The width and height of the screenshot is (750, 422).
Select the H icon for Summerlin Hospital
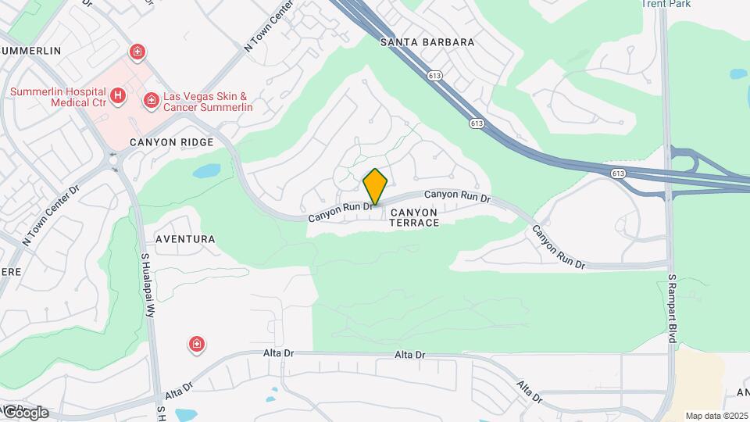[x=117, y=96]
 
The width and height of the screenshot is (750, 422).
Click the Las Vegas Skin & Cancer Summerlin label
[x=208, y=102]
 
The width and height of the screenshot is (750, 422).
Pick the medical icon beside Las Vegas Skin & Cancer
[x=150, y=100]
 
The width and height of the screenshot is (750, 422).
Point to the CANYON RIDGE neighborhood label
[x=171, y=143]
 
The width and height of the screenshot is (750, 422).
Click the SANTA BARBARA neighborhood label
[x=427, y=42]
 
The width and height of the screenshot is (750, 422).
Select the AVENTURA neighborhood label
[x=185, y=238]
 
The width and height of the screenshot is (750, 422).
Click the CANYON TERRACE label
[x=414, y=217]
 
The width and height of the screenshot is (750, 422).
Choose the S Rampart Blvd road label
[x=672, y=309]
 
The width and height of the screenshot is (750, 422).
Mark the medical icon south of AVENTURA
[x=197, y=344]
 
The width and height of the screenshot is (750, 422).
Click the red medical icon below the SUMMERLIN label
[x=137, y=53]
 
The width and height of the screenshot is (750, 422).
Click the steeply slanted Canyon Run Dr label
[x=559, y=249]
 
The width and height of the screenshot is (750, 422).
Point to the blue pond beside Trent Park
[x=737, y=75]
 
